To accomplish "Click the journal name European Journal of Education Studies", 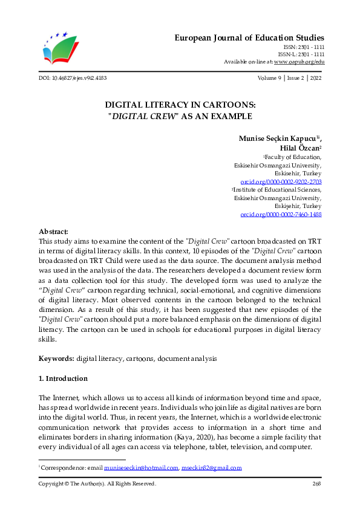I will coord(250,38).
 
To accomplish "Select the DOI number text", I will coord(73,79).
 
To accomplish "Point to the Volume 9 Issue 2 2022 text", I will coord(289,79).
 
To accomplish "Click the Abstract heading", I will coord(53,232).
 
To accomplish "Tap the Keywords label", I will coord(56,358).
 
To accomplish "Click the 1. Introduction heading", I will coord(63,379).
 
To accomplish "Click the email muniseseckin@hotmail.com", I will coord(142,468).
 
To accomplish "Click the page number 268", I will coord(316,484).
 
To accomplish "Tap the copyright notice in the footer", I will coord(97,484).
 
